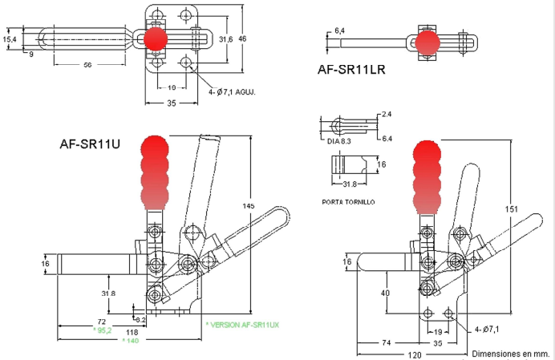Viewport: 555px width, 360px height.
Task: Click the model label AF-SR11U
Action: (90, 144)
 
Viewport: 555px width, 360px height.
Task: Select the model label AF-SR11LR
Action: (351, 69)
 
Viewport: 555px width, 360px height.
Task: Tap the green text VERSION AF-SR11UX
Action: (242, 325)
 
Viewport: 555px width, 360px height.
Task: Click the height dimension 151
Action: (511, 209)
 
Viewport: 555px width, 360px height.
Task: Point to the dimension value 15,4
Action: (10, 39)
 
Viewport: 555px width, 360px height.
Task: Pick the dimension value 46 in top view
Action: (242, 38)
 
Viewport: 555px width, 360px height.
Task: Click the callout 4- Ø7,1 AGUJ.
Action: (232, 92)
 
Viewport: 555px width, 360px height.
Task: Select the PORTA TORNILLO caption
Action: (348, 202)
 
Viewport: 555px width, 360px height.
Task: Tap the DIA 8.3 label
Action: (338, 141)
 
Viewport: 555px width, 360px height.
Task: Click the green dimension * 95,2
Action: (103, 330)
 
